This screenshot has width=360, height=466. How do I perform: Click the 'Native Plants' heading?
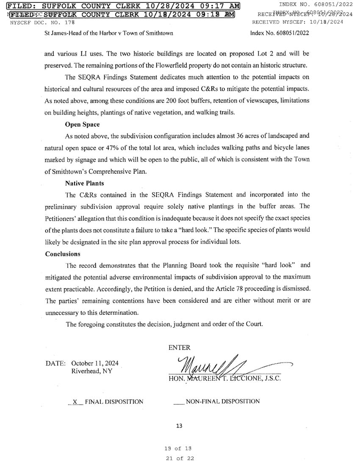[x=85, y=183]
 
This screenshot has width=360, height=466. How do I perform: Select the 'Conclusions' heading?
[x=63, y=254]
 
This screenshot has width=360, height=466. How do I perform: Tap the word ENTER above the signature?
[x=180, y=347]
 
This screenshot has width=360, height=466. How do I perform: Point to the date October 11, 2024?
[x=95, y=363]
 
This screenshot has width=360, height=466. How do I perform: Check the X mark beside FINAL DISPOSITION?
[x=75, y=401]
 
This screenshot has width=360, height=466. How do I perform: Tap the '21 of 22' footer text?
[x=180, y=458]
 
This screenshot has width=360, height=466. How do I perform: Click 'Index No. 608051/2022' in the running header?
[x=280, y=33]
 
